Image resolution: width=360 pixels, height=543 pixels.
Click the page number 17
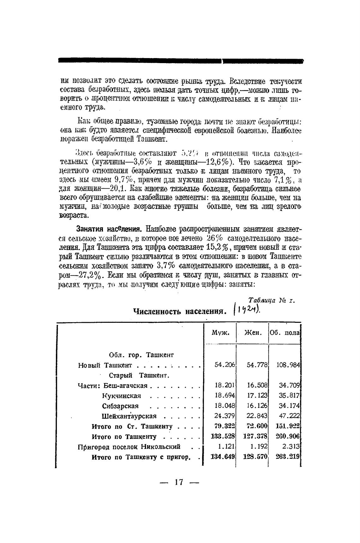point(178,482)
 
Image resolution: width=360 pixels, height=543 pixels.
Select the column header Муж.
point(220,333)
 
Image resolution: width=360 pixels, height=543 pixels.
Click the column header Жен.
point(253,333)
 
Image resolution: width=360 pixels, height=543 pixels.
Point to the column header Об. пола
point(285,333)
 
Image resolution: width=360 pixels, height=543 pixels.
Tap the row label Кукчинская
point(122,396)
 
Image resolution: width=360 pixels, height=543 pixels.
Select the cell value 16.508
point(257,385)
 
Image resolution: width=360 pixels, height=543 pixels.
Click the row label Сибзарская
point(120,406)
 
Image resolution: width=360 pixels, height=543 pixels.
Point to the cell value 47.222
point(289,416)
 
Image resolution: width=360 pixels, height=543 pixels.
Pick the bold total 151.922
point(287,426)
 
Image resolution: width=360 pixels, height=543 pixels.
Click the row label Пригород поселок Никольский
point(129,447)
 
